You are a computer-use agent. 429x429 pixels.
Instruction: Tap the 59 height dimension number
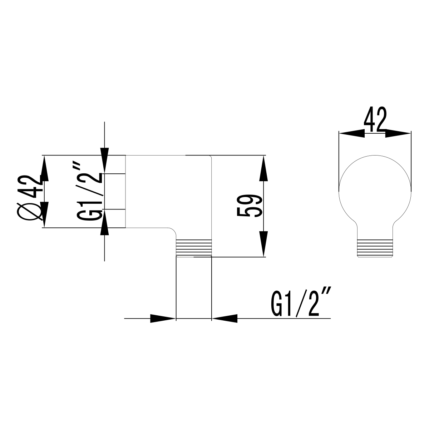tap(249, 207)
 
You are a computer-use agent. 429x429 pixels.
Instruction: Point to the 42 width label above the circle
tap(375, 120)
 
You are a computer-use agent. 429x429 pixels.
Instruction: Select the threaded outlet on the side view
tap(194, 248)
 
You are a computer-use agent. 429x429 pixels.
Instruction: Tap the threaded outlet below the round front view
tap(375, 248)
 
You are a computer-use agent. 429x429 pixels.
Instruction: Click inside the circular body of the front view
tap(375, 189)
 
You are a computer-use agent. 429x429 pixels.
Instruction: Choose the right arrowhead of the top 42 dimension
tap(398, 134)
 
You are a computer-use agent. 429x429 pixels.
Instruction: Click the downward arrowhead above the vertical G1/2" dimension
tap(104, 160)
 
